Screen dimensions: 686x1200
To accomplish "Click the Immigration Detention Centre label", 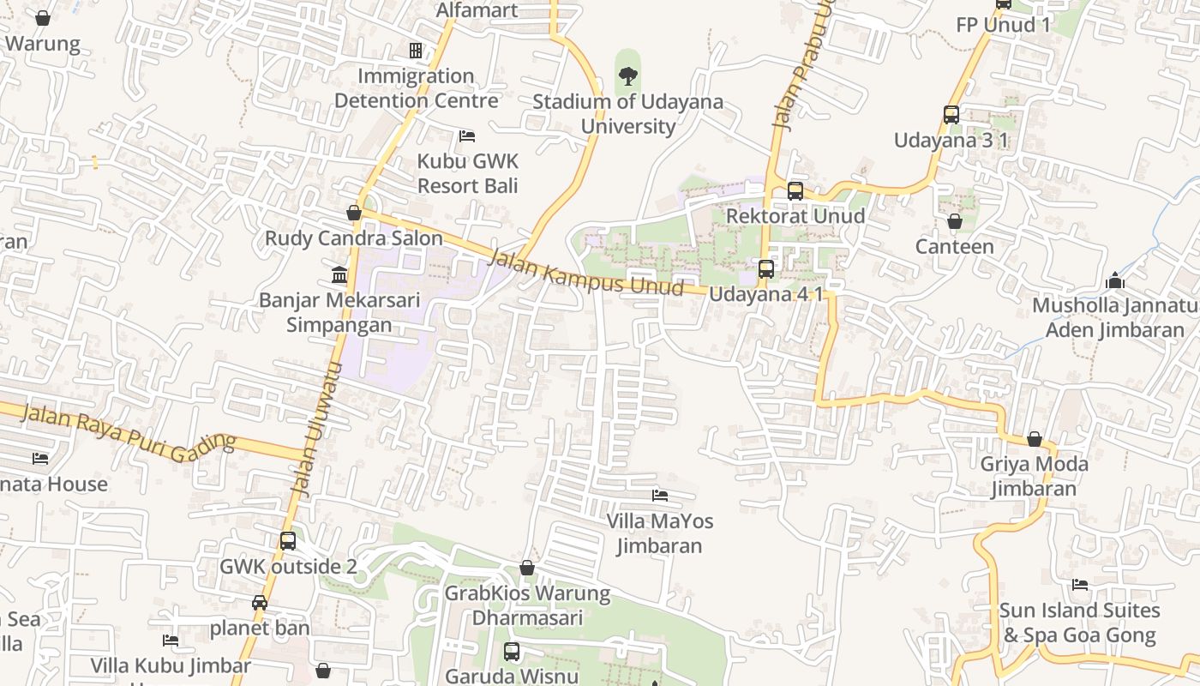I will coord(416,88).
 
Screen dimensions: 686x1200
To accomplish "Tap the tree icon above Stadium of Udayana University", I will coord(628,76).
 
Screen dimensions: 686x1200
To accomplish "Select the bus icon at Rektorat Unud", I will coord(795,190).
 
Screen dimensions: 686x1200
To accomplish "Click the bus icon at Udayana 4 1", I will coord(766,269).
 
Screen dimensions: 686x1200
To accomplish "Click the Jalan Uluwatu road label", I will coord(318,429).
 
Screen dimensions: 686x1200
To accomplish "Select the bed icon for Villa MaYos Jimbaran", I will coord(660,495).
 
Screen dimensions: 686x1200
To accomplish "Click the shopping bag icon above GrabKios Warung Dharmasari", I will coord(527,568).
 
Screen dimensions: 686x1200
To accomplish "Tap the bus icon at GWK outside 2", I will coord(288,541).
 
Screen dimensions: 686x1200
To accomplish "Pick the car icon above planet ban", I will coord(260,603).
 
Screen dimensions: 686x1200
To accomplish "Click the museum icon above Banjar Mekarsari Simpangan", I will coord(339,275).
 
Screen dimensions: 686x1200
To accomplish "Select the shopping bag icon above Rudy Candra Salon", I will coord(354,213).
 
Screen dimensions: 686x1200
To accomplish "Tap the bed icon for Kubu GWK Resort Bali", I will coord(467,135).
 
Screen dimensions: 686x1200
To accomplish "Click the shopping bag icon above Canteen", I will coord(954,221).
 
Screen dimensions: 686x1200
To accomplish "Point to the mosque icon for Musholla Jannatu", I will coord(1114,280).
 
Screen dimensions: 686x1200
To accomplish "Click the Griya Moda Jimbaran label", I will coord(1034,477).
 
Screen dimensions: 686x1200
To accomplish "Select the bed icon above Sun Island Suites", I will coord(1080,585).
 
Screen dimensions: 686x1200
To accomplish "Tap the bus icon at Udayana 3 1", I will coord(951,114).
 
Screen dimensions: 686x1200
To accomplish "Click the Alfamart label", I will coord(477,10).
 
